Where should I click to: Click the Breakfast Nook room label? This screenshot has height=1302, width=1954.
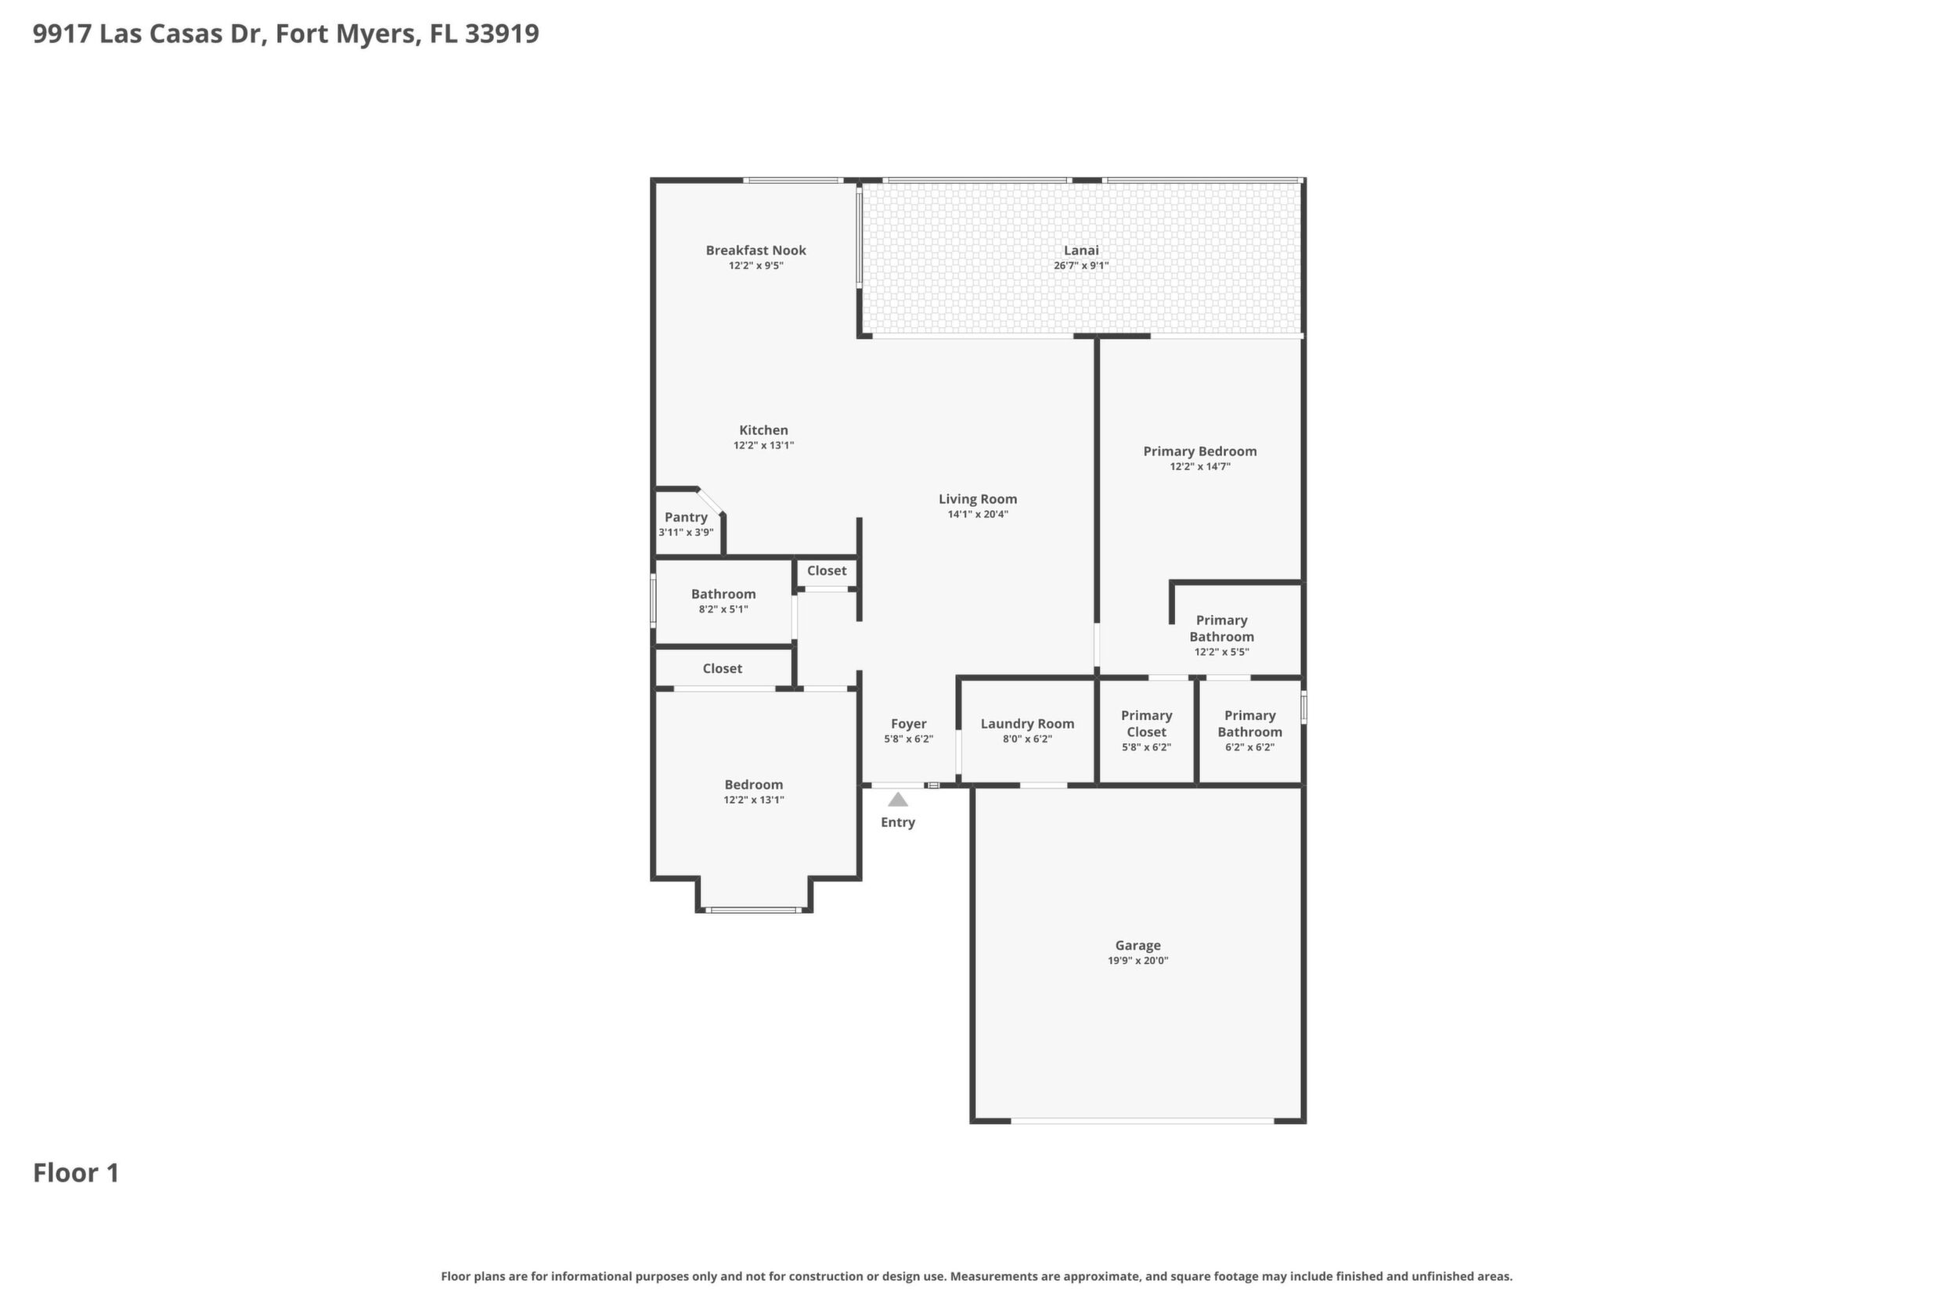755,250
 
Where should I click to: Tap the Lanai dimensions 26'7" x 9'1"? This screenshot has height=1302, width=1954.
1081,266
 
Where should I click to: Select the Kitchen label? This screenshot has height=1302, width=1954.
763,430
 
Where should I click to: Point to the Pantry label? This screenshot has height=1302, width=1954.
686,517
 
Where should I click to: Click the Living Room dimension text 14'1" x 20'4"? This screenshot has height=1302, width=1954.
978,514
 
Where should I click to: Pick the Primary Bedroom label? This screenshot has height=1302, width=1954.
1199,451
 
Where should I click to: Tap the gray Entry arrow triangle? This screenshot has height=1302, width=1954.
897,800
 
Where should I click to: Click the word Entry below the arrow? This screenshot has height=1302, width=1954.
897,822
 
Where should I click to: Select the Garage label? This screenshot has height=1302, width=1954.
1137,945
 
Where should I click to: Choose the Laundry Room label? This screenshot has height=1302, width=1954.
1027,724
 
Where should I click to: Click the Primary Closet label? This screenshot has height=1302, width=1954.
1146,723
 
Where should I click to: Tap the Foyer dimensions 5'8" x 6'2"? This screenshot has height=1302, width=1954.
908,739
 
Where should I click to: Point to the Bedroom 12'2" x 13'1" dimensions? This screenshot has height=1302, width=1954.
754,800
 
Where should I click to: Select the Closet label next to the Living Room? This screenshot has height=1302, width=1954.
827,570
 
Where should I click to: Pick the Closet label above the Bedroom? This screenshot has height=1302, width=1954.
722,668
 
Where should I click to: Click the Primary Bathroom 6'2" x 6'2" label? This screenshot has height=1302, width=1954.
1249,731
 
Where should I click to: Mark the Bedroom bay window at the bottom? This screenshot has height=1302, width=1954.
754,910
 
